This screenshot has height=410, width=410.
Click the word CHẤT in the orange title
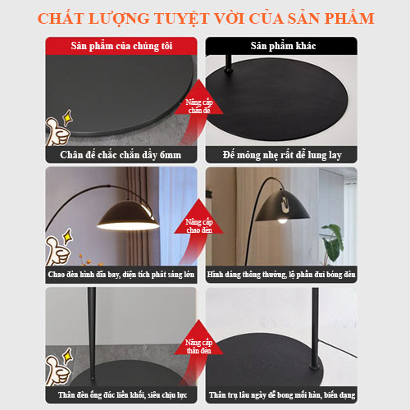coord(68,17)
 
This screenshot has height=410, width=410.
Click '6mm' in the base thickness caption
coord(164,154)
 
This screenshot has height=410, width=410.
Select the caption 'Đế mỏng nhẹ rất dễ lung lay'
coord(281,154)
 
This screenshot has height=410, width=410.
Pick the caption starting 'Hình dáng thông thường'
coord(281,273)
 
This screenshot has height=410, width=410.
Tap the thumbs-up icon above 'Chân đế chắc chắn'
coord(61,130)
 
